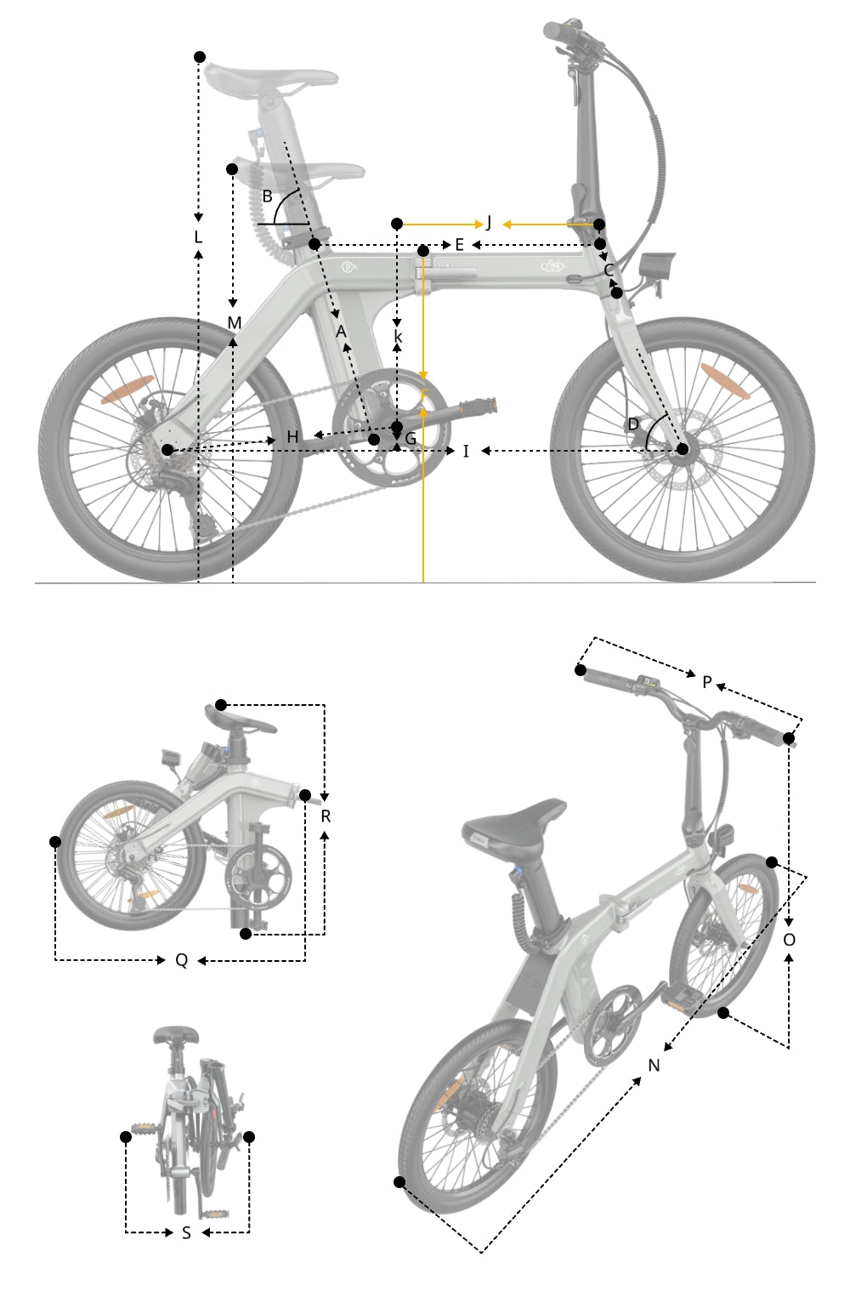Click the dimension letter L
point(198,236)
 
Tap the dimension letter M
point(235,323)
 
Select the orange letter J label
point(489,224)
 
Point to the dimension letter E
point(459,245)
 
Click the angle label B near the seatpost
point(267,196)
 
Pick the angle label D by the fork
point(633,424)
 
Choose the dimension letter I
point(466,451)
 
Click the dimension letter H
point(293,437)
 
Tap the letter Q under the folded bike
point(181,960)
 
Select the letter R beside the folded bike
point(326,816)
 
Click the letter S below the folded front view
point(186,1232)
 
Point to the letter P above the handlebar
point(706,681)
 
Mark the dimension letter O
point(789,940)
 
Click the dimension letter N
point(654,1066)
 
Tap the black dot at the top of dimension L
point(200,57)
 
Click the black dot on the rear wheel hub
point(167,449)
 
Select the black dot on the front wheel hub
point(682,448)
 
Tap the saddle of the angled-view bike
point(514,819)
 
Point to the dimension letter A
point(342,331)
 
